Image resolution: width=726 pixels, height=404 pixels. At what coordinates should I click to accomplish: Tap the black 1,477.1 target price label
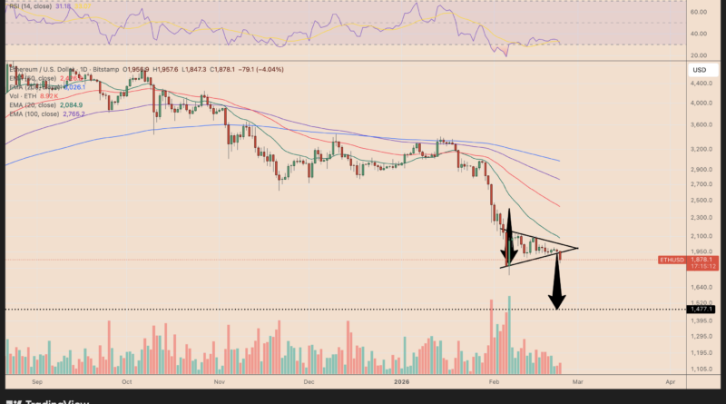click(700, 310)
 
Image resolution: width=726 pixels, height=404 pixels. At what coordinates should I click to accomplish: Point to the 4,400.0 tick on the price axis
click(700, 84)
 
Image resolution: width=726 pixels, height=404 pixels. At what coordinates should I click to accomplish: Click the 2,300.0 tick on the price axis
click(700, 218)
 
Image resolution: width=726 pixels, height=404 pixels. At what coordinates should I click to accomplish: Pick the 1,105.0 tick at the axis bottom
click(700, 369)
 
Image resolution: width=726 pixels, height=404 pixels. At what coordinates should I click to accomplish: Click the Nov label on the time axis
click(219, 383)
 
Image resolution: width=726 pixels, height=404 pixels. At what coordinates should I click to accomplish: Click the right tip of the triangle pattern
click(577, 247)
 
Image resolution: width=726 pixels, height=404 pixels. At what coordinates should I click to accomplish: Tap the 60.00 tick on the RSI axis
click(700, 13)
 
